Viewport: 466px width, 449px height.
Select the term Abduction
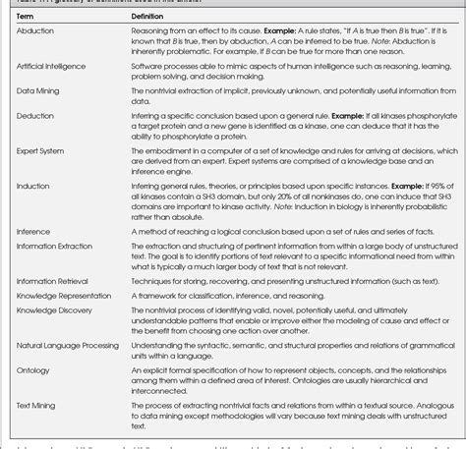click(35, 31)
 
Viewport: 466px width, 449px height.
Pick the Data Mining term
click(39, 90)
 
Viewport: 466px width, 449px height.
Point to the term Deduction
click(35, 115)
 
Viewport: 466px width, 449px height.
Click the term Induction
click(33, 185)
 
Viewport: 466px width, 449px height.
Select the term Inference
click(33, 232)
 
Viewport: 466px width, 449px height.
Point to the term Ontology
click(33, 369)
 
